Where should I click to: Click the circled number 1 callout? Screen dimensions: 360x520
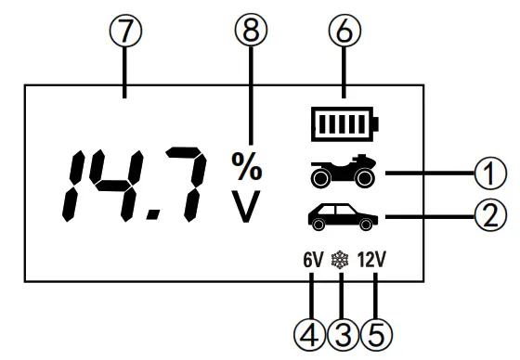pyautogui.click(x=490, y=171)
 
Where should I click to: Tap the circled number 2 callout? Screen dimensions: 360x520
pyautogui.click(x=490, y=219)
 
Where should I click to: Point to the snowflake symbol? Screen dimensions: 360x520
pyautogui.click(x=344, y=262)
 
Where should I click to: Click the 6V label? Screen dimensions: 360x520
pyautogui.click(x=312, y=262)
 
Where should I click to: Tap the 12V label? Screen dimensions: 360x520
pyautogui.click(x=376, y=262)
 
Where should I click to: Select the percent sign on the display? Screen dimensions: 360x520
pyautogui.click(x=246, y=168)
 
